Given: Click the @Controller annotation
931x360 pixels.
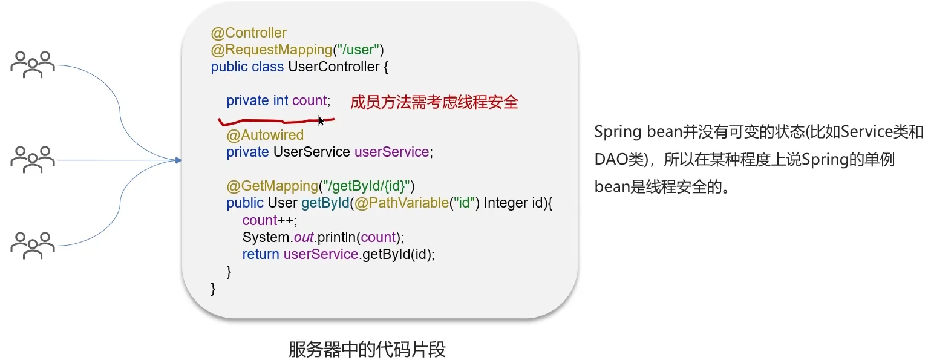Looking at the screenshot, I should point(249,33).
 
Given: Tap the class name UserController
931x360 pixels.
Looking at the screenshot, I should point(333,67).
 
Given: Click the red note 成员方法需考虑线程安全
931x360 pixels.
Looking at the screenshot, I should point(434,102).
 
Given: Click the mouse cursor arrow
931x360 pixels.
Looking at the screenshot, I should point(321,121).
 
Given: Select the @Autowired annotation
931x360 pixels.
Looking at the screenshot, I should point(265,135).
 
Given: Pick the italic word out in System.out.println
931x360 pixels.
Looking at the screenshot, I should point(303,237).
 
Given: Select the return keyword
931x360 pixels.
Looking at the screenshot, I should point(261,254).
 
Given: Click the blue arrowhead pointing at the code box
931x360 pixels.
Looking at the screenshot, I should point(178,160).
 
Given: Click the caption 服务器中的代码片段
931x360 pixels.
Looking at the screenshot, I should point(367,350).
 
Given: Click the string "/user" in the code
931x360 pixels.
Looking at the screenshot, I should point(361,50).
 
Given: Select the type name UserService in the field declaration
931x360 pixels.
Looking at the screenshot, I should point(312,152).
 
